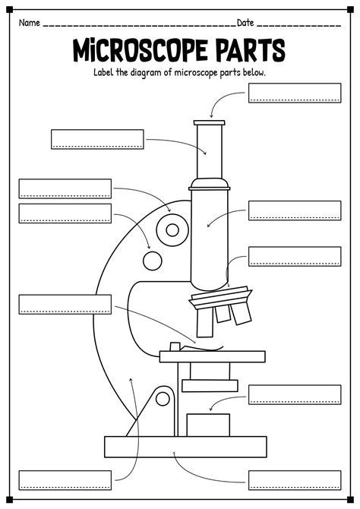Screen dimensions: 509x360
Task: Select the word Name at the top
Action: pyautogui.click(x=30, y=23)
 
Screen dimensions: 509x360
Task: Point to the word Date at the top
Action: pyautogui.click(x=246, y=23)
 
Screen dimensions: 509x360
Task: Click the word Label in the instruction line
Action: pyautogui.click(x=106, y=72)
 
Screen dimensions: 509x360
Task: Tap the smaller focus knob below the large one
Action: pyautogui.click(x=153, y=261)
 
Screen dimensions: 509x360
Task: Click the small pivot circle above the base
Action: pyautogui.click(x=162, y=397)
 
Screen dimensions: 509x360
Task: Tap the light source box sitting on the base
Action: pyautogui.click(x=208, y=424)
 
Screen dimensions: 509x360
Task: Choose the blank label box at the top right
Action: pyautogui.click(x=294, y=93)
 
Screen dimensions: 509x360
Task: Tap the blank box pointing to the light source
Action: pyautogui.click(x=294, y=394)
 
